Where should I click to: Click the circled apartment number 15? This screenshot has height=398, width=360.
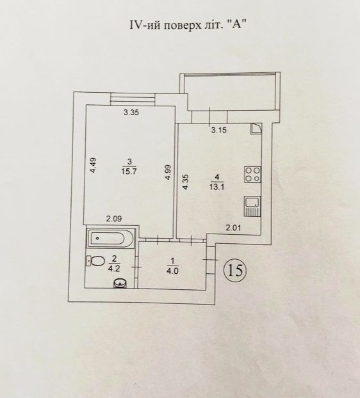point(234,271)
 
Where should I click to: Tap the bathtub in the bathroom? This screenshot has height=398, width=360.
point(111,238)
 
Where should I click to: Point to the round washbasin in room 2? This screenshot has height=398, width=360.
point(120,283)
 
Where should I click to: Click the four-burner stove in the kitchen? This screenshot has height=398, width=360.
point(252,175)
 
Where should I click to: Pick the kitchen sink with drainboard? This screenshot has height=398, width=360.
point(252,207)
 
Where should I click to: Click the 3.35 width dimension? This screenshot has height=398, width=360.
point(131,113)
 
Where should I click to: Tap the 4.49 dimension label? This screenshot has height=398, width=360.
point(94,166)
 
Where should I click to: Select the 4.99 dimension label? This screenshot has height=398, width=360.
point(168,172)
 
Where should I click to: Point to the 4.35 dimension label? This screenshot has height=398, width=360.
point(186,182)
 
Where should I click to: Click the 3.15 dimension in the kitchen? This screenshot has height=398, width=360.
point(218,130)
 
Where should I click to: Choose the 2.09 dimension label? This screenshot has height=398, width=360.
point(114,219)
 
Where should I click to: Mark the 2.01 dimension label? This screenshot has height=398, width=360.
point(233,228)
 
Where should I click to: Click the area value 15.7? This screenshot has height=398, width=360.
point(129,171)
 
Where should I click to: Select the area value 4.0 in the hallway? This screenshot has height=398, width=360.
point(172,271)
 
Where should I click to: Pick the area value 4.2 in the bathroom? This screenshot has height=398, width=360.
point(114,269)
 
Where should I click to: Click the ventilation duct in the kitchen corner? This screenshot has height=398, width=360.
point(256,129)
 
